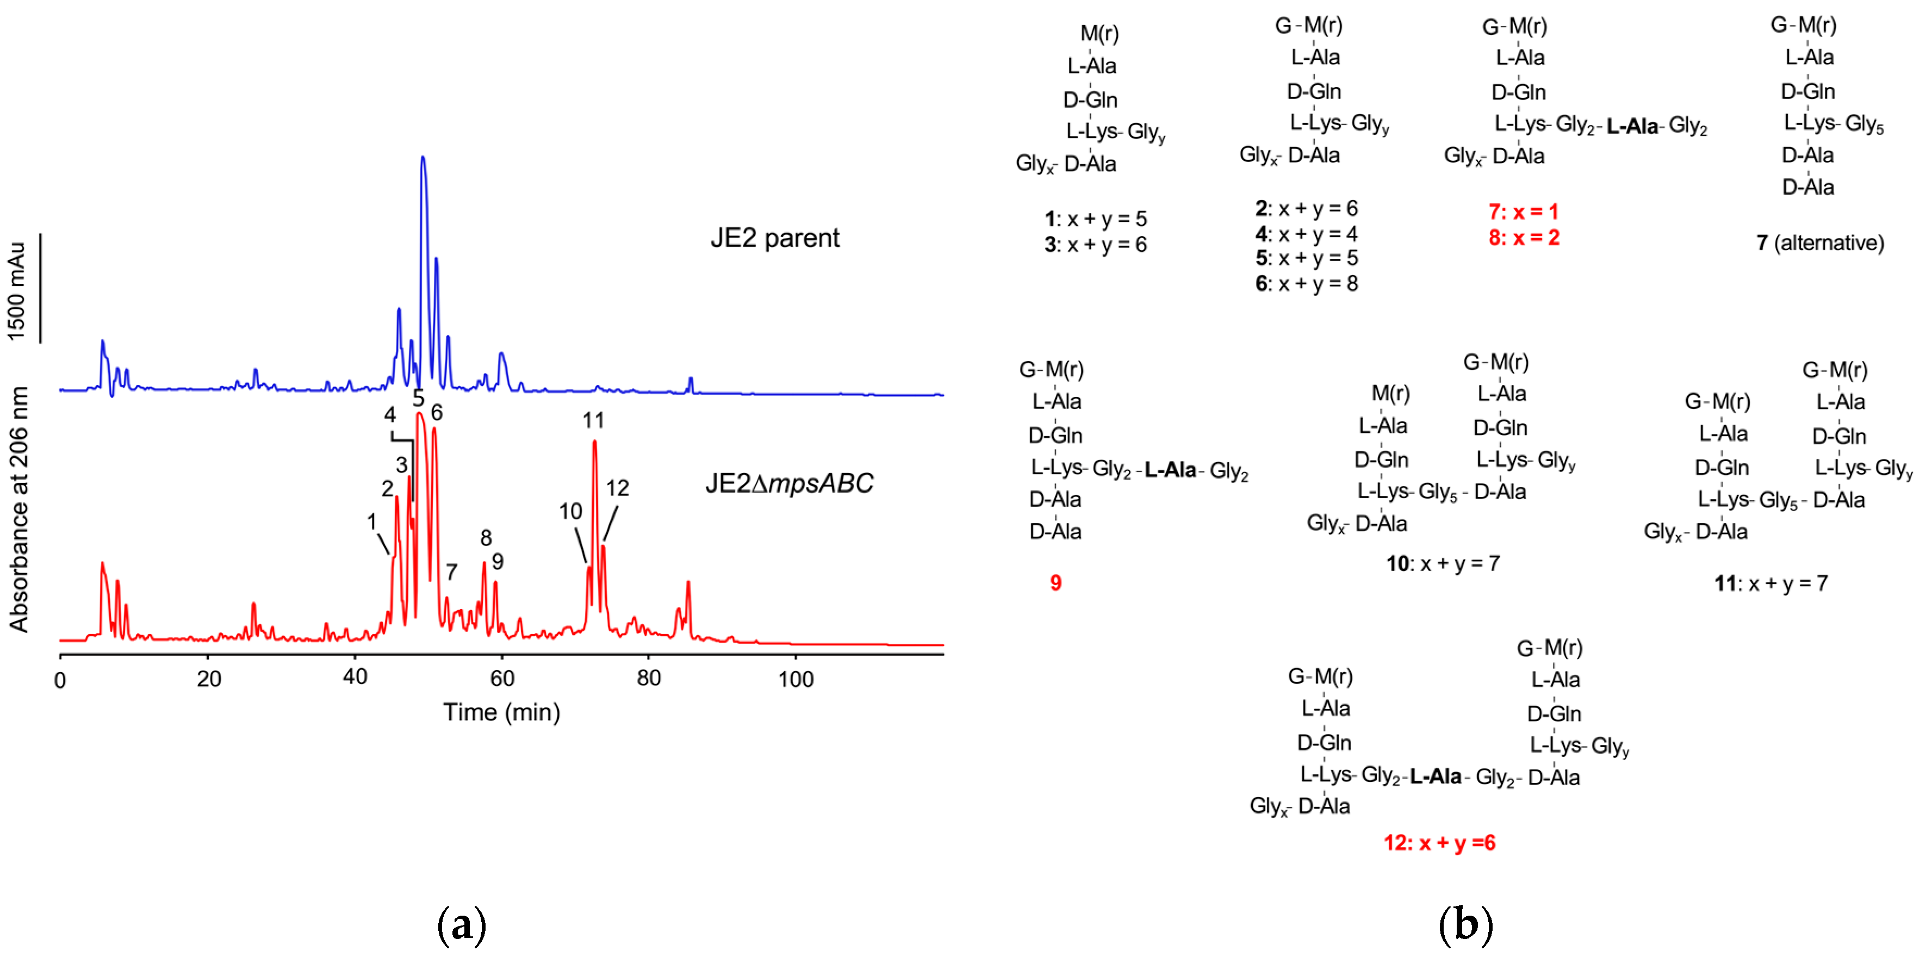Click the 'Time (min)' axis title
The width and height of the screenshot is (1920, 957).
click(502, 712)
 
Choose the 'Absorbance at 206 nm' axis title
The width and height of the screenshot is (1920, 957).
click(18, 509)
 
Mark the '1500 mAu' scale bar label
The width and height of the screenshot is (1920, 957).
click(16, 291)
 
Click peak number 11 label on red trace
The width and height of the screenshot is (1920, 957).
click(593, 421)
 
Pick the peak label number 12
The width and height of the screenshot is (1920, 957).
click(617, 488)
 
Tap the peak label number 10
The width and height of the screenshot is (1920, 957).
click(570, 511)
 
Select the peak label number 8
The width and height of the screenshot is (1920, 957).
click(486, 537)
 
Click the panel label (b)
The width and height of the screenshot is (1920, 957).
click(1465, 924)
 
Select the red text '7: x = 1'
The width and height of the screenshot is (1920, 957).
click(1524, 212)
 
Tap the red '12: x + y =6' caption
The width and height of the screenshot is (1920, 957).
click(1439, 843)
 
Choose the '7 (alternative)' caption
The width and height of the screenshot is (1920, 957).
click(1819, 243)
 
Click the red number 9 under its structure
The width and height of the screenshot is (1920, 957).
click(1055, 583)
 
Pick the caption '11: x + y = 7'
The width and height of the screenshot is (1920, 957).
click(1771, 583)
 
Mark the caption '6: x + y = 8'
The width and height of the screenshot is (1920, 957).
click(1307, 284)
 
